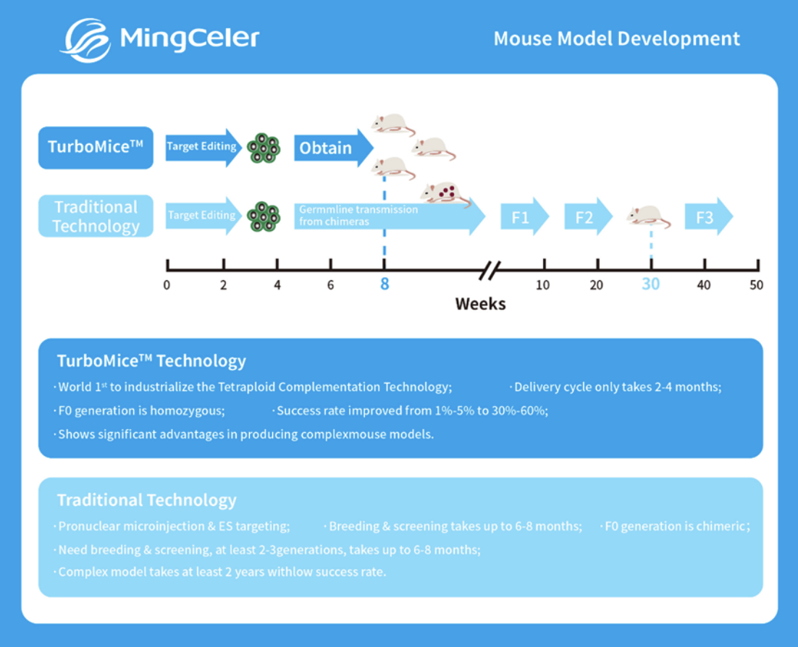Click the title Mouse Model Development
(x=616, y=38)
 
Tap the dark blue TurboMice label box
(x=96, y=148)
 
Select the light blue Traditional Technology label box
(x=96, y=216)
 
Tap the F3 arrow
(x=707, y=216)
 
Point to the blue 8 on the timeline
(x=385, y=284)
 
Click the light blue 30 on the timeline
(x=650, y=284)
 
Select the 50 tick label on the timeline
(x=756, y=285)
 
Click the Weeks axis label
(x=480, y=304)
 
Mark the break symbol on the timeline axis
(x=490, y=272)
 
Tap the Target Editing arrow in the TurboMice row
(x=203, y=147)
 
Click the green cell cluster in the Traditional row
(x=263, y=216)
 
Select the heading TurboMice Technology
(x=152, y=361)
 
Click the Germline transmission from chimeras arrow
(x=384, y=216)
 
